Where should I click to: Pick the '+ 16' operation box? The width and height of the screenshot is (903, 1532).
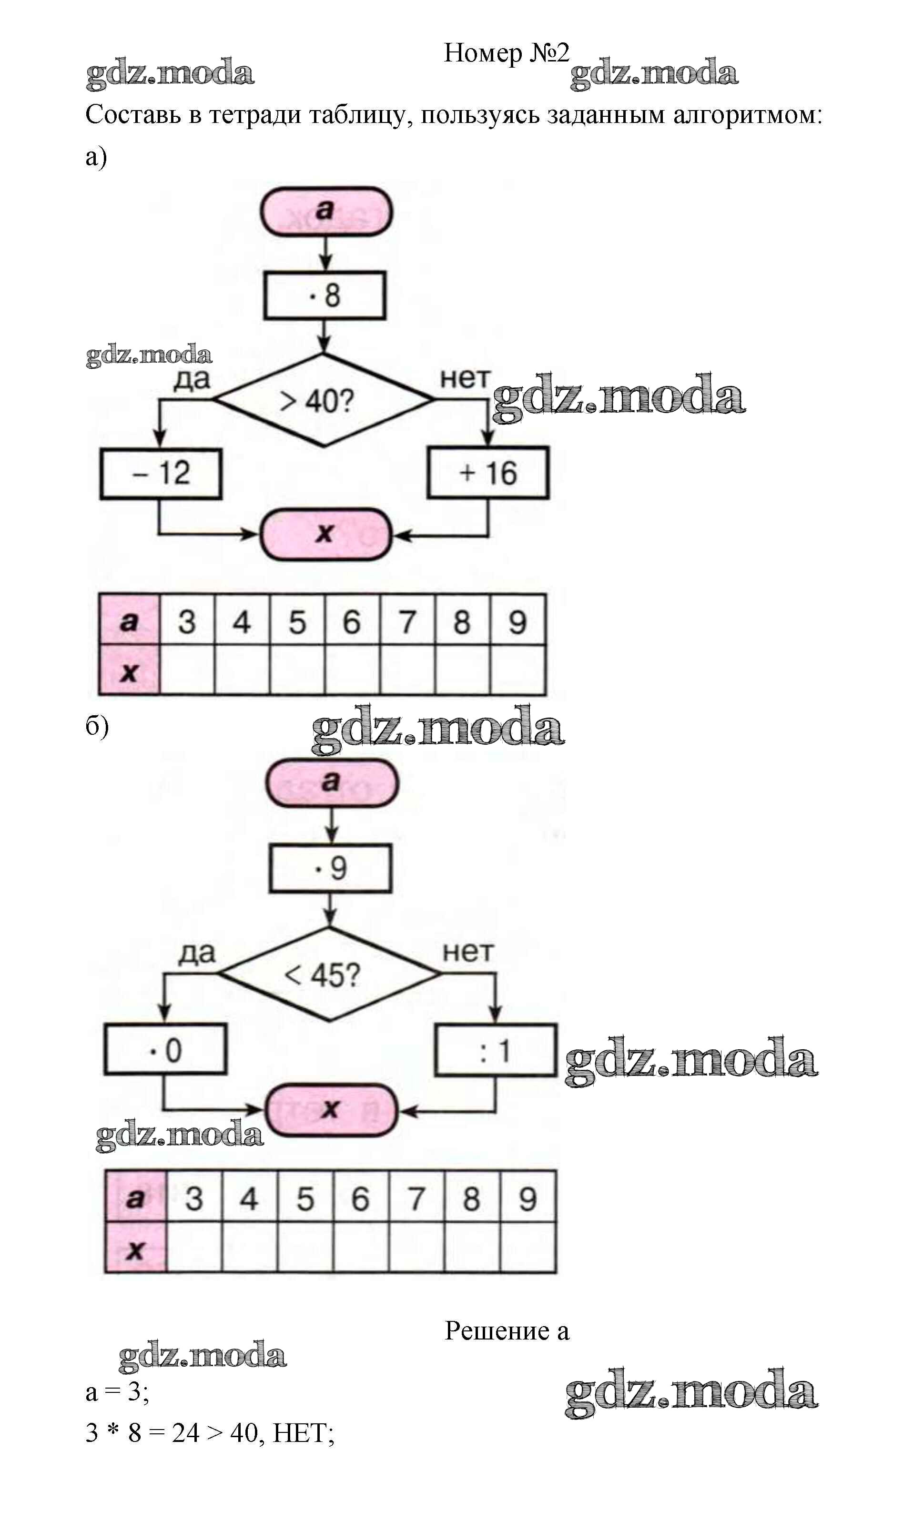click(487, 473)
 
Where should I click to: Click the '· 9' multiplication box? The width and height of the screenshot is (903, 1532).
click(330, 868)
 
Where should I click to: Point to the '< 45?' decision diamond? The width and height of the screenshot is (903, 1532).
click(329, 974)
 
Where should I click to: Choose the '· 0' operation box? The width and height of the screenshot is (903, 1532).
click(165, 1049)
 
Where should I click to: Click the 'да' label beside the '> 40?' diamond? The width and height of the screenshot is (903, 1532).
click(192, 379)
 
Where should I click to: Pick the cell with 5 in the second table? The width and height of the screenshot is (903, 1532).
click(305, 1198)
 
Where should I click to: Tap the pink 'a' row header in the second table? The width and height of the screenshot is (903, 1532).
click(135, 1198)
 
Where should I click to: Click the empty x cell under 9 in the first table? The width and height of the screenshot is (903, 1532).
click(517, 670)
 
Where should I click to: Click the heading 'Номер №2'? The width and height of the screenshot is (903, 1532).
click(506, 53)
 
